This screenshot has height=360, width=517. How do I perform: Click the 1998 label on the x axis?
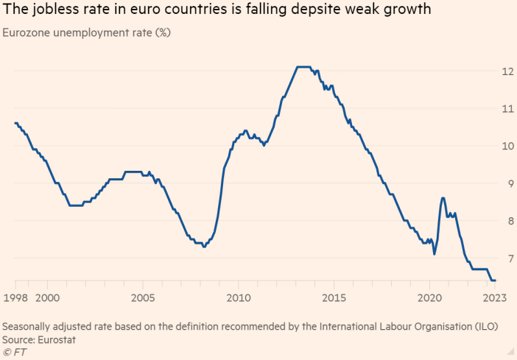coord(15,298)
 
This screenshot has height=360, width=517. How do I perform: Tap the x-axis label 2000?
coord(47,298)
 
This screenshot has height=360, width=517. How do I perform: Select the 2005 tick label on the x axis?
coord(142,298)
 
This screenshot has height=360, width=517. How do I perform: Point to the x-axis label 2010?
coord(238,298)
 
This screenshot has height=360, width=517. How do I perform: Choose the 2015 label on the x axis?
coord(334,298)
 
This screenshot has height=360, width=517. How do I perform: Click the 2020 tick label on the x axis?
coord(429,298)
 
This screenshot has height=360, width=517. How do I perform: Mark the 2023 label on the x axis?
coord(493,298)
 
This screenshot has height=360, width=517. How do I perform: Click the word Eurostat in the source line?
coord(57,339)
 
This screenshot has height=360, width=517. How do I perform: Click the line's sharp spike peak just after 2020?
coord(443,197)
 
